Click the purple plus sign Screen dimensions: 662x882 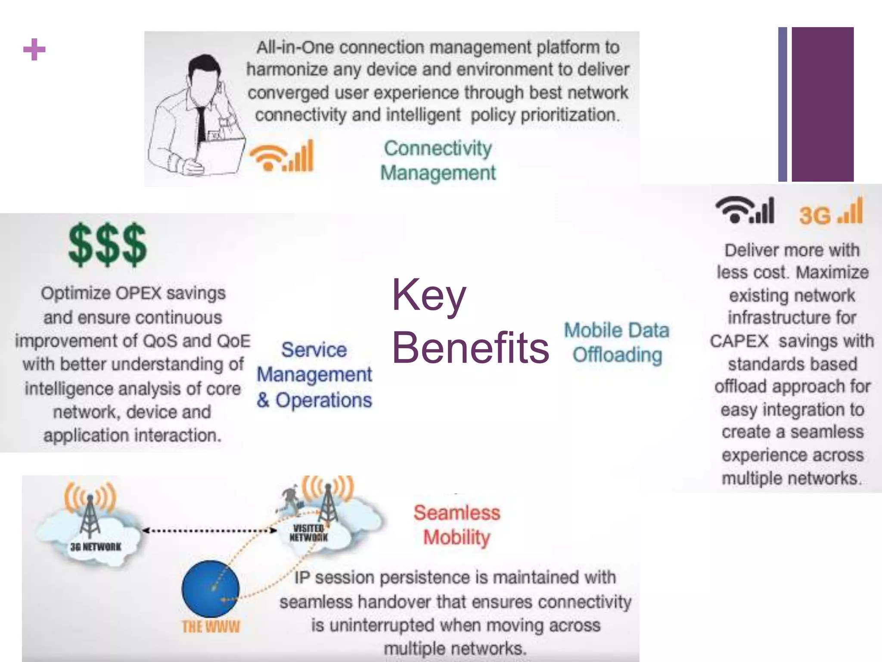point(34,50)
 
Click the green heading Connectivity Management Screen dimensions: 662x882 point(438,160)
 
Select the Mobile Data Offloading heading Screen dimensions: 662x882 point(617,343)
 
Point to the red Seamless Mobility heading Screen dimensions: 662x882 point(457,525)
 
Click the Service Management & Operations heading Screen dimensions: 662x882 point(314,375)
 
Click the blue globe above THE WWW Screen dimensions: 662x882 point(210,589)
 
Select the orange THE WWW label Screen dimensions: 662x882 point(211,626)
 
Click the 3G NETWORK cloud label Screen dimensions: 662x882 point(96,547)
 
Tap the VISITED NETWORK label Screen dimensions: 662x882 point(308,533)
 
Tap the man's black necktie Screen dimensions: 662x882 point(200,125)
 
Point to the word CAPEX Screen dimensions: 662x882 point(739,341)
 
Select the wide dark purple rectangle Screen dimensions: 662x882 point(823,104)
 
